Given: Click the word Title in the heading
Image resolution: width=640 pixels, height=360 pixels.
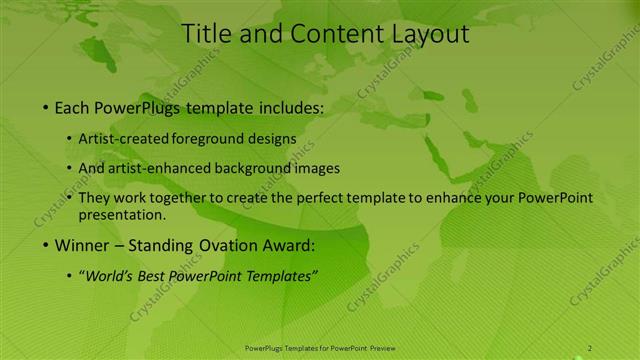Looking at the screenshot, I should click(206, 34).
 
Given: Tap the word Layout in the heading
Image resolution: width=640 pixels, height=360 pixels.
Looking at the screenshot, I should click(422, 34).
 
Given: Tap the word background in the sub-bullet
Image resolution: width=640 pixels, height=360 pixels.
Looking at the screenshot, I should click(246, 168).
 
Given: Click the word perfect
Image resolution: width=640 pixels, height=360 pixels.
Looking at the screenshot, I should click(319, 198).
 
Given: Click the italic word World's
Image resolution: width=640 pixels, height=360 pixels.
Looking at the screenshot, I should click(110, 276).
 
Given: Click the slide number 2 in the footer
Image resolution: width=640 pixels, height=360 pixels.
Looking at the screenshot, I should click(590, 347).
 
